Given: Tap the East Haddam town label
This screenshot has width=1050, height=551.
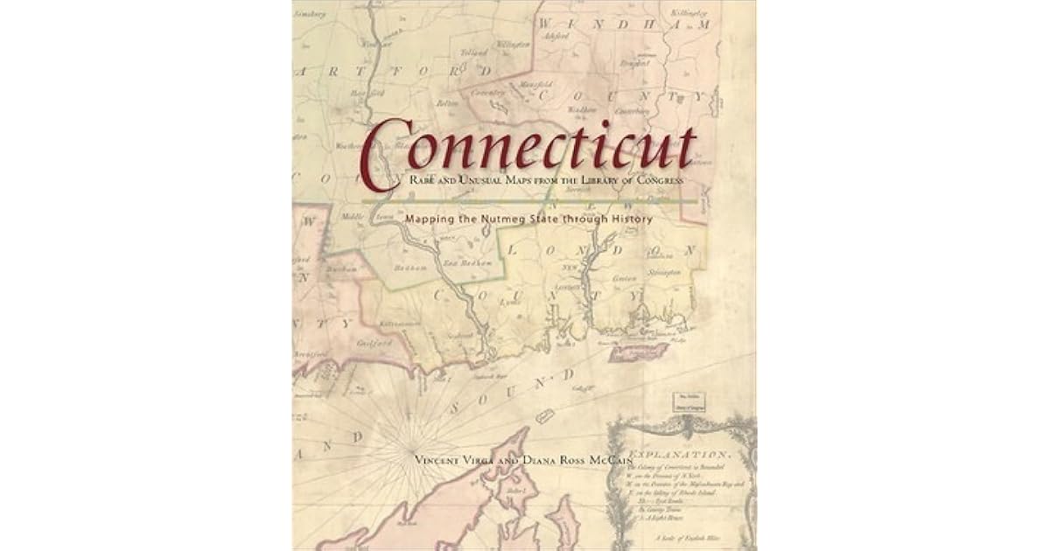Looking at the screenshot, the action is coord(463,261).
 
